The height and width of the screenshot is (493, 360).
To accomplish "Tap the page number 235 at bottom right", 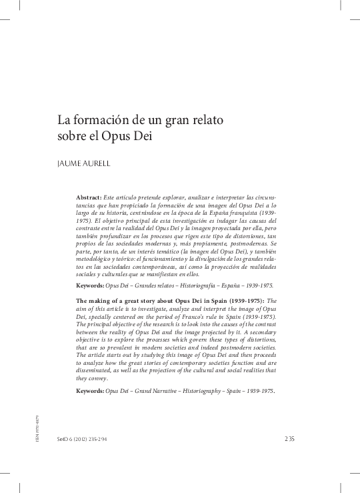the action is pos(289,438).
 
